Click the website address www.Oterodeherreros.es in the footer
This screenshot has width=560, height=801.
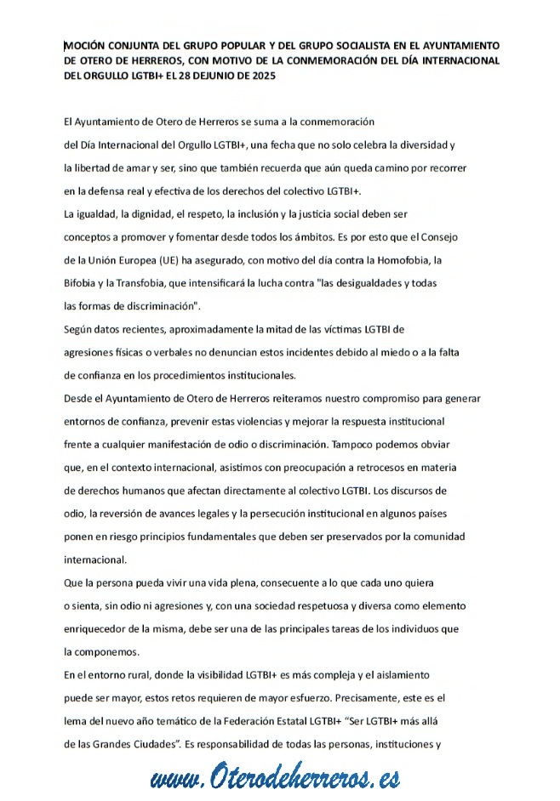(x=275, y=777)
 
